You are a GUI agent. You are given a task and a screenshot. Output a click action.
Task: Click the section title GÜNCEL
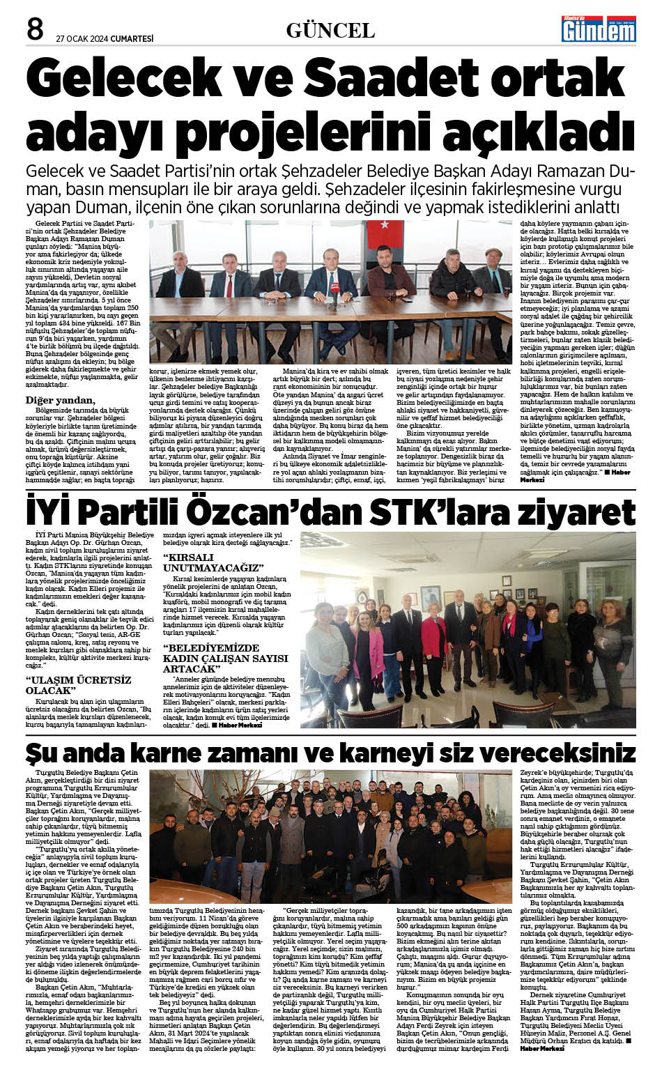point(330,30)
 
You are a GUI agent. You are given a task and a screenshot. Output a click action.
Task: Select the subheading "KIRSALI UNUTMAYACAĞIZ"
point(213,563)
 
